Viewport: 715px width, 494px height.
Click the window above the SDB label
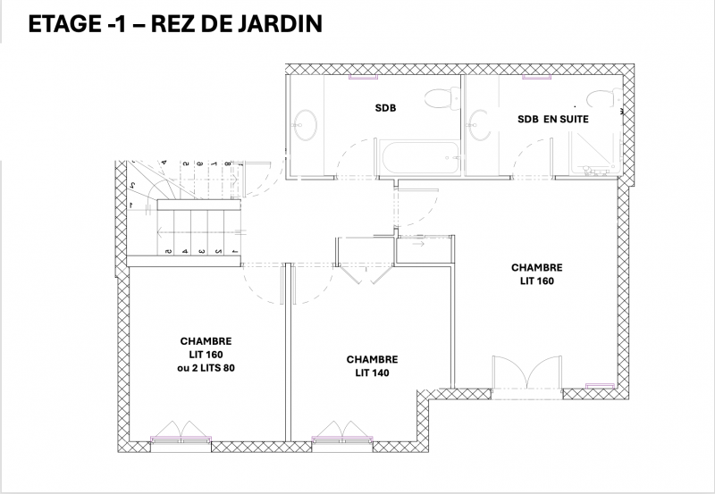[361, 77]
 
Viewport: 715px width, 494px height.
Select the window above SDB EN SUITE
[537, 77]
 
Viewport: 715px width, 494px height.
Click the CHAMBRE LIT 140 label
[372, 365]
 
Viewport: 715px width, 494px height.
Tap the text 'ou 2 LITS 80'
[206, 367]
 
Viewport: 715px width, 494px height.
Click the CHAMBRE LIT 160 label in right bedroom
[536, 273]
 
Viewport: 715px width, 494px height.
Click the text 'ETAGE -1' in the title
[69, 24]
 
